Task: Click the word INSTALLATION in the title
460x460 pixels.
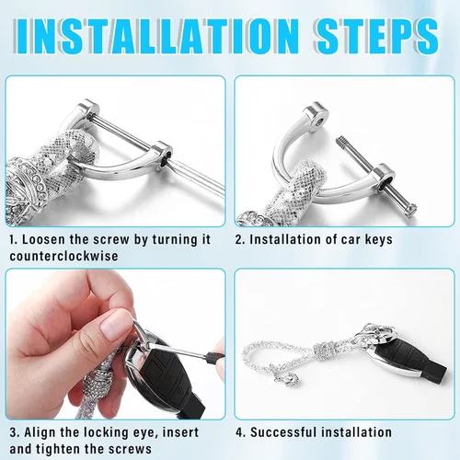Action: point(156,36)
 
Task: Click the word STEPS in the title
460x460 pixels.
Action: point(376,36)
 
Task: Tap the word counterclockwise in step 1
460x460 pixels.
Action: point(63,256)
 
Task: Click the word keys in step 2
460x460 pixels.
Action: point(378,240)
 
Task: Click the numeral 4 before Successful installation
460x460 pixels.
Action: point(239,432)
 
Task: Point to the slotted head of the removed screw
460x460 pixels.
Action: point(410,211)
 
